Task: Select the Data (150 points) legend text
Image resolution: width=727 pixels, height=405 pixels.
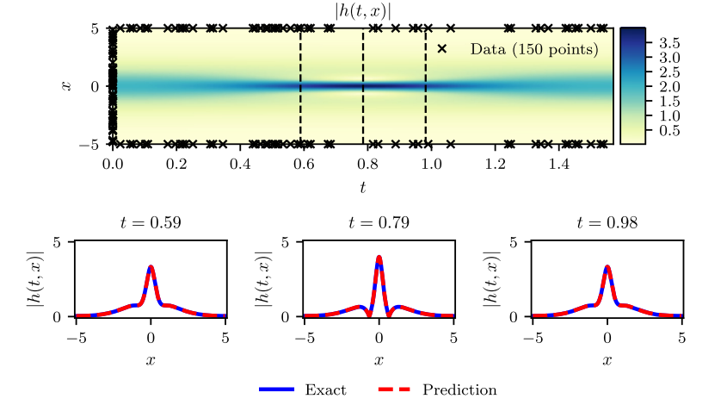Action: pos(533,50)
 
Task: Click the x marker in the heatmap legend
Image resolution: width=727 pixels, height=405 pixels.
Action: pos(442,49)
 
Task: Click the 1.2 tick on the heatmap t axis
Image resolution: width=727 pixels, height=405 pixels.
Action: pos(495,162)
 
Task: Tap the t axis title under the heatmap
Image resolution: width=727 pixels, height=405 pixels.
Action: pos(363,185)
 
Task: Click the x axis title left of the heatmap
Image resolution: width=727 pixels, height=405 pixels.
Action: pos(65,86)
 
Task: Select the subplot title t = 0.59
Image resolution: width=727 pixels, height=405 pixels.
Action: pos(151,223)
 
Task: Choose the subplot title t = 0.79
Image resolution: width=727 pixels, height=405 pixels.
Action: pos(379,223)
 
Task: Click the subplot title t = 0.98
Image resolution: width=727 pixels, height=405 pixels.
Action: pos(607,223)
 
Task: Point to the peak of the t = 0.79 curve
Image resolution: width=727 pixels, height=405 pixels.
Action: pos(379,257)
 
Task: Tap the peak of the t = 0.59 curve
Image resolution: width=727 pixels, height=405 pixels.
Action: pos(151,267)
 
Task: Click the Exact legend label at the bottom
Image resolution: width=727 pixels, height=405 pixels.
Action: pos(325,390)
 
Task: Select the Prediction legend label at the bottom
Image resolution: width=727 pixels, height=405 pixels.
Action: pos(459,390)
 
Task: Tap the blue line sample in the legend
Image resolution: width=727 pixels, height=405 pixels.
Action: pos(277,390)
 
